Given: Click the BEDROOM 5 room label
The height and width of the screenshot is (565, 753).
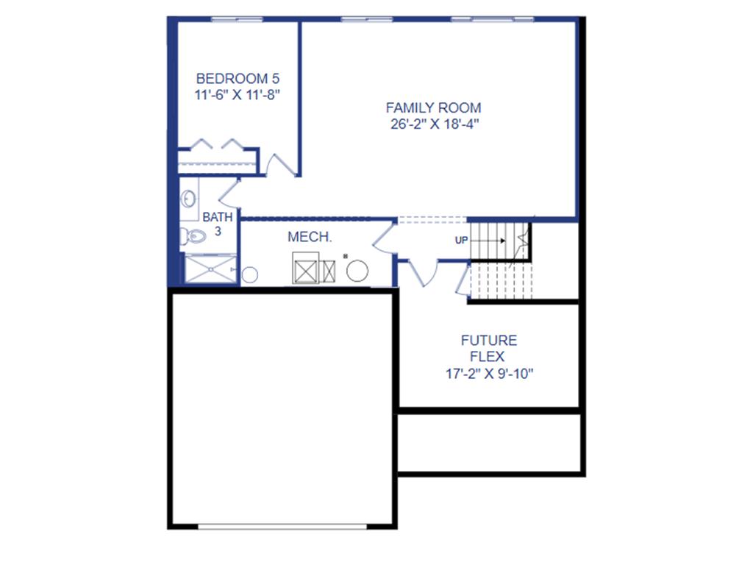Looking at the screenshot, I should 238,78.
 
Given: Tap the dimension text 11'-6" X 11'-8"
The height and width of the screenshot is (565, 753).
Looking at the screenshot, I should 238,94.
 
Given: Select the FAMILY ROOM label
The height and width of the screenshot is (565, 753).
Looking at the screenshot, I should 434,108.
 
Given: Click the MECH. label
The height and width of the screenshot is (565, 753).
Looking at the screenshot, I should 310,238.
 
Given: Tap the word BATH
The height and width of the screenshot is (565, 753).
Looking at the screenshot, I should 218,218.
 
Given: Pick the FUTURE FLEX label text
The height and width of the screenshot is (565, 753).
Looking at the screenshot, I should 489,349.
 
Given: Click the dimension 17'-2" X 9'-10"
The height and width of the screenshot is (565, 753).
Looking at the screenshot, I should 489,374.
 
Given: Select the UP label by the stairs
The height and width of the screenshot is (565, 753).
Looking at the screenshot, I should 462,240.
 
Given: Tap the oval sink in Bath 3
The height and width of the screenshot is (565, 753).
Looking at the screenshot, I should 189,199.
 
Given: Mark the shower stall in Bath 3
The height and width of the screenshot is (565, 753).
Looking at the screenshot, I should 210,269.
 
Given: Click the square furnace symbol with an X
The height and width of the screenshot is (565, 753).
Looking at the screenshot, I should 305,269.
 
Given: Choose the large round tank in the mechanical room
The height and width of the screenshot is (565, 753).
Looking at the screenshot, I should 357,271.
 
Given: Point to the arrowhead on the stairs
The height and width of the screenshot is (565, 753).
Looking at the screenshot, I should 502,241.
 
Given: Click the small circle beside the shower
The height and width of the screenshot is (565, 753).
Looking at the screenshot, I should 250,275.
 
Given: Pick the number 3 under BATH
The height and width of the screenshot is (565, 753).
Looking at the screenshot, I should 218,231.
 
